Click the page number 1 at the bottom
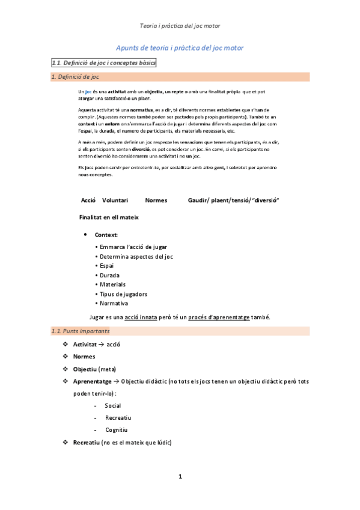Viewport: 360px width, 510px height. (x=180, y=476)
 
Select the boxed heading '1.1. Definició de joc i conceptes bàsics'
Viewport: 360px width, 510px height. (x=104, y=63)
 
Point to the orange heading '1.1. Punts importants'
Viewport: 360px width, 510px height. (x=81, y=331)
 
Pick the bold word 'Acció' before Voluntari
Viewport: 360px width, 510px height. (x=88, y=200)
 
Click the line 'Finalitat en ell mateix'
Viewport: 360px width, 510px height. (x=109, y=217)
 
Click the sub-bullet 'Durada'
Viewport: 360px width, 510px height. (x=111, y=275)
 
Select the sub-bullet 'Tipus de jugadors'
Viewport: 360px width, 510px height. (x=123, y=294)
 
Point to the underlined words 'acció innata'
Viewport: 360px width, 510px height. (x=137, y=318)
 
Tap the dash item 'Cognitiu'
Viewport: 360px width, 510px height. (x=116, y=429)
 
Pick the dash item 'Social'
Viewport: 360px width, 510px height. (x=113, y=405)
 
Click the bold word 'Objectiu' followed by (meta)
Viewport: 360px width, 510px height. (x=85, y=369)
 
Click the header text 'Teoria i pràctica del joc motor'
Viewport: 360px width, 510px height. (x=180, y=26)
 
